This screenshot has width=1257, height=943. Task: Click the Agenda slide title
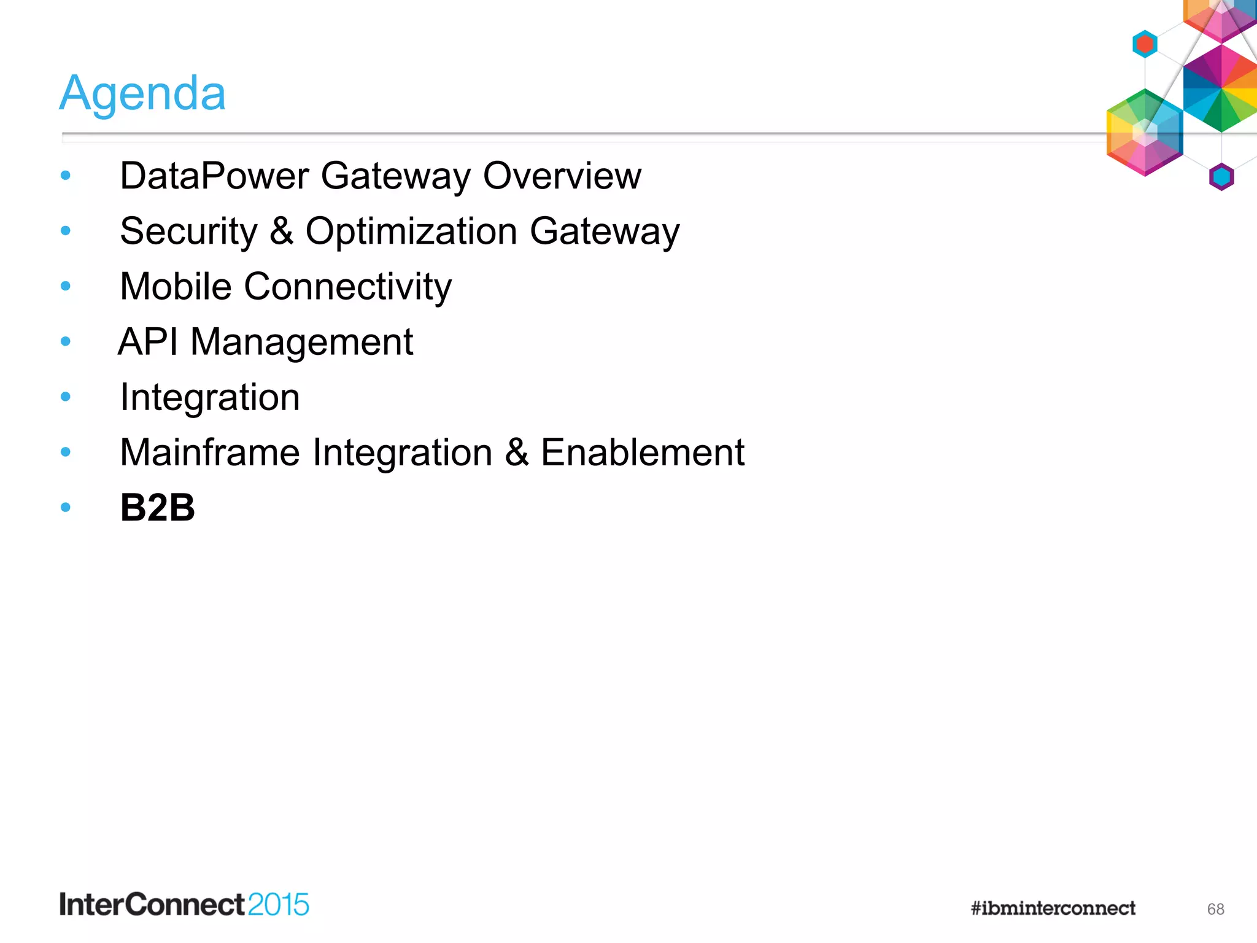pyautogui.click(x=142, y=93)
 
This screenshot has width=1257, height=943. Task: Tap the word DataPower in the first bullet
pyautogui.click(x=214, y=176)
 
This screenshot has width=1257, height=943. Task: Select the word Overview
pyautogui.click(x=562, y=176)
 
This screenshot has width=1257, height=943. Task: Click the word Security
pyautogui.click(x=188, y=232)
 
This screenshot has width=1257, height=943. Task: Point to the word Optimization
pyautogui.click(x=411, y=232)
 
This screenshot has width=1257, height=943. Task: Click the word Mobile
pyautogui.click(x=176, y=287)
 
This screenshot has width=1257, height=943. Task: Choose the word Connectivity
pyautogui.click(x=348, y=287)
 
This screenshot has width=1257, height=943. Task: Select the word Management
pyautogui.click(x=301, y=343)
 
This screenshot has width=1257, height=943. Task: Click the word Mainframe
pyautogui.click(x=210, y=453)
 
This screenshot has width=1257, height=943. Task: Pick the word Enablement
pyautogui.click(x=642, y=453)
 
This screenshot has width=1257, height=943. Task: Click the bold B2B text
pyautogui.click(x=157, y=508)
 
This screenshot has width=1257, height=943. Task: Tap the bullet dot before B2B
pyautogui.click(x=66, y=508)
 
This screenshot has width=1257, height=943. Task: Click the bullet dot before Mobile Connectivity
pyautogui.click(x=66, y=286)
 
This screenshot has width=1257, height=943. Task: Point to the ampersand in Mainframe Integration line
pyautogui.click(x=517, y=453)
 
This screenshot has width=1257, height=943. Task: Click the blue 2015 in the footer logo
pyautogui.click(x=278, y=905)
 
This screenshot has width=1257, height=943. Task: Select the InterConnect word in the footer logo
pyautogui.click(x=152, y=905)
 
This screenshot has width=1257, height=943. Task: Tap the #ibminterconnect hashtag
pyautogui.click(x=1053, y=908)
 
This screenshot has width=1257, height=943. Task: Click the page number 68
pyautogui.click(x=1215, y=909)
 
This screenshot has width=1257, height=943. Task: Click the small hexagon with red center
pyautogui.click(x=1145, y=44)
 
